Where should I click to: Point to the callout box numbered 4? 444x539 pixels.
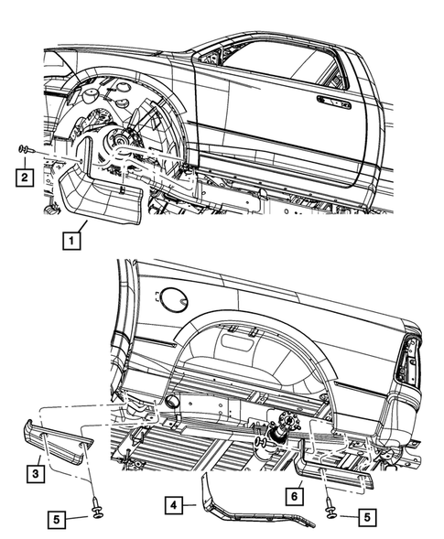[175, 502]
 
